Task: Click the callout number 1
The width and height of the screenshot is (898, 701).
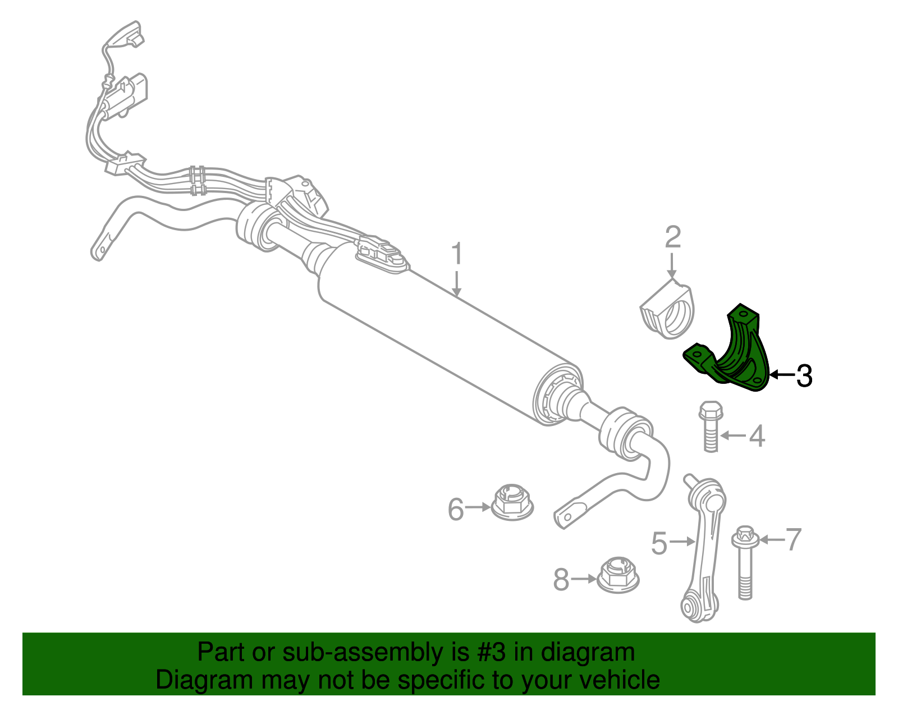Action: coord(457,254)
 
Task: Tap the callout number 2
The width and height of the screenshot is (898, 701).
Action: coord(672,237)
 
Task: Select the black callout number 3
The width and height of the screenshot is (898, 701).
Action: coord(804,375)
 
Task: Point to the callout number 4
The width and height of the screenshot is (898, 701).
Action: coord(757,436)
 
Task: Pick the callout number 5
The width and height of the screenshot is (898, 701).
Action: coord(659,543)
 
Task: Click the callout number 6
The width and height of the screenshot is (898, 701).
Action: coord(456,509)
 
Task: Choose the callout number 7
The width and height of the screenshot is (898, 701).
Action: coord(793,539)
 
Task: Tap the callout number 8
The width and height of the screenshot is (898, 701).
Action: coord(561,579)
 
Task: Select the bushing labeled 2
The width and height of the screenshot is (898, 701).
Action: coord(668,311)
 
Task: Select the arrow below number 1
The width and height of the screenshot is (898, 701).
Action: coord(457,283)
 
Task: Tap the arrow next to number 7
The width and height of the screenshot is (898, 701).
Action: coord(771,540)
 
